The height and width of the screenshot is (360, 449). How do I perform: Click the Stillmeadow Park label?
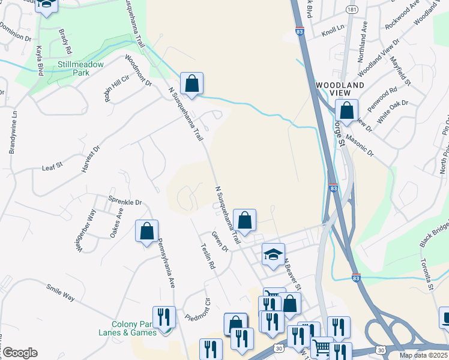point(81,68)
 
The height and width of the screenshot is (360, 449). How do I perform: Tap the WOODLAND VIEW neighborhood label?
point(340,90)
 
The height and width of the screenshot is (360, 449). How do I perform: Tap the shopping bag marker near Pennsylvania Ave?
point(147,232)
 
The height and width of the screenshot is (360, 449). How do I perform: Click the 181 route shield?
point(352,10)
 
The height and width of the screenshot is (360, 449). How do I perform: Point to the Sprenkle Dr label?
point(125,202)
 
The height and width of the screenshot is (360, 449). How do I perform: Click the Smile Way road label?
point(61,292)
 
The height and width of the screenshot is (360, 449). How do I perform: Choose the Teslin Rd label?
point(208,256)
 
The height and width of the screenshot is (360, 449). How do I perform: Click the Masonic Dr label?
point(360,148)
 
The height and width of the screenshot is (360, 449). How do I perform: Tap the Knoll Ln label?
point(333,28)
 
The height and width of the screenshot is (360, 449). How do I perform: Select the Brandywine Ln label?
point(12,131)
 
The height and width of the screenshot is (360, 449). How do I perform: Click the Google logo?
point(20,353)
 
